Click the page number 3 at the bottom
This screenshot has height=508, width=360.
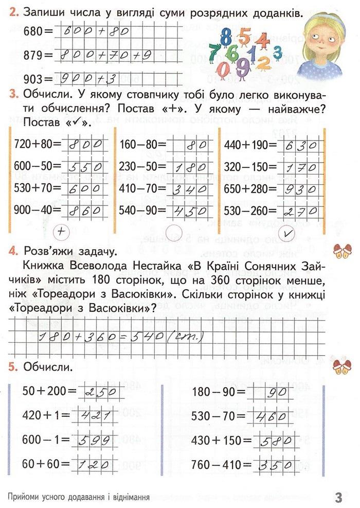pyautogui.click(x=338, y=498)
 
